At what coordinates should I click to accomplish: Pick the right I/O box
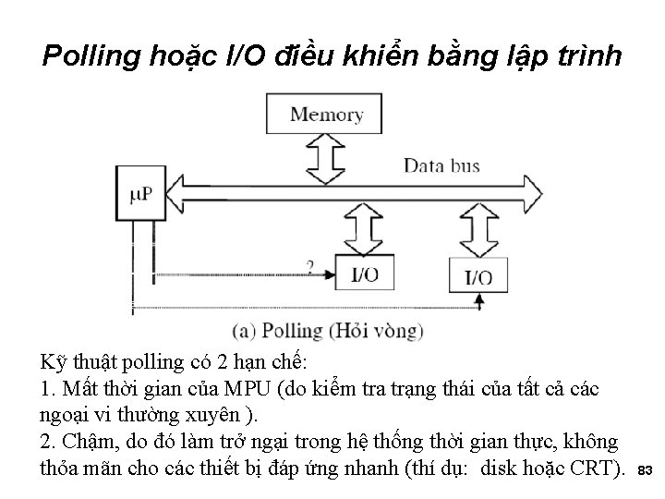[478, 276]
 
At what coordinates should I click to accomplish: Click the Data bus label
[441, 166]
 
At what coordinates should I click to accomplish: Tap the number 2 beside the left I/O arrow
[309, 267]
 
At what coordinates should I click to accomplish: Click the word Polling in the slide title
[91, 56]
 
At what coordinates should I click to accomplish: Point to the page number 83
[646, 471]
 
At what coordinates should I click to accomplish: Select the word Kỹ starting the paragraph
[54, 361]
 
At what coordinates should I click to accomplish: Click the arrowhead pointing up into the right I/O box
[480, 301]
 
